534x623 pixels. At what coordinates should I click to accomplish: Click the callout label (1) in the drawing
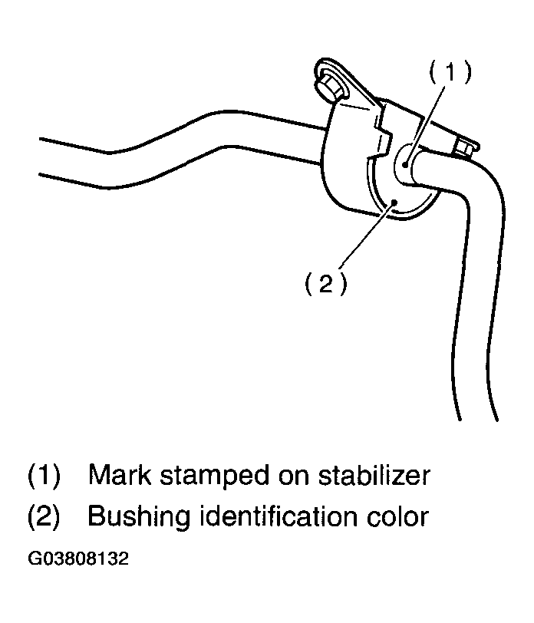point(450,72)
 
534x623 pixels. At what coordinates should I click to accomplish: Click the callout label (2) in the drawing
point(326,283)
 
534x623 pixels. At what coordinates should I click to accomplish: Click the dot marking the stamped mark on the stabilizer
point(405,163)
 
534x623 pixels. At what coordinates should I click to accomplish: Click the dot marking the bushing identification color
point(394,202)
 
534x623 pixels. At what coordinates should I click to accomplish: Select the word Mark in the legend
point(120,474)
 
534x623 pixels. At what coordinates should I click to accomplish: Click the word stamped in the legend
point(214,476)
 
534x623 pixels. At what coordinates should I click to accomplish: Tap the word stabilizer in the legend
point(374,474)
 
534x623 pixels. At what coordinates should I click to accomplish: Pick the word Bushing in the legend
point(139,517)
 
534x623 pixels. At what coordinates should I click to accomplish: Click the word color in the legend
point(397,516)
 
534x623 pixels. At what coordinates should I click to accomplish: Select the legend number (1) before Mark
point(44,475)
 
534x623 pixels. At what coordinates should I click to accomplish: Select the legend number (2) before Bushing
point(44,516)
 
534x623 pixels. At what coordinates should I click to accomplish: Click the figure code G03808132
point(78,559)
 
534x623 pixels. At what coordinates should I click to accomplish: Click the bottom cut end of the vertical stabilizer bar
point(479,420)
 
